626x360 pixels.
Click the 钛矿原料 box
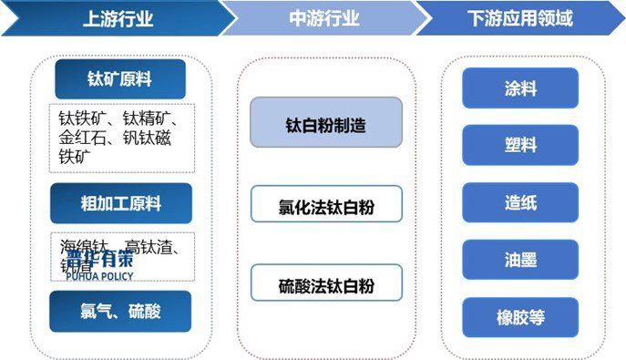120,79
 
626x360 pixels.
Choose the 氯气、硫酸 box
120,311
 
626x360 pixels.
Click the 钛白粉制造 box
326,122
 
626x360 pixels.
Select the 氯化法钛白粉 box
326,205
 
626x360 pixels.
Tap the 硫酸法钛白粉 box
326,284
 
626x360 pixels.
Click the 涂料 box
519,88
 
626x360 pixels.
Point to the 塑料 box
519,146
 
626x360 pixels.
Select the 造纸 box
519,203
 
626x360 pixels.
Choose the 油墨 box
519,261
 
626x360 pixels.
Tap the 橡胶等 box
519,318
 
